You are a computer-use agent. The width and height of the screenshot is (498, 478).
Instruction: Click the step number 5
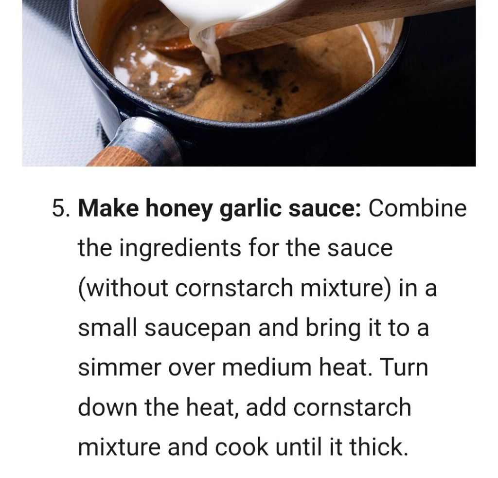click(x=62, y=208)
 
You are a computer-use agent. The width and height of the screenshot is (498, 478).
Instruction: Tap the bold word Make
click(x=108, y=208)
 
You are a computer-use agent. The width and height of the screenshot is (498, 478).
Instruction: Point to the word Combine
click(x=417, y=208)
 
